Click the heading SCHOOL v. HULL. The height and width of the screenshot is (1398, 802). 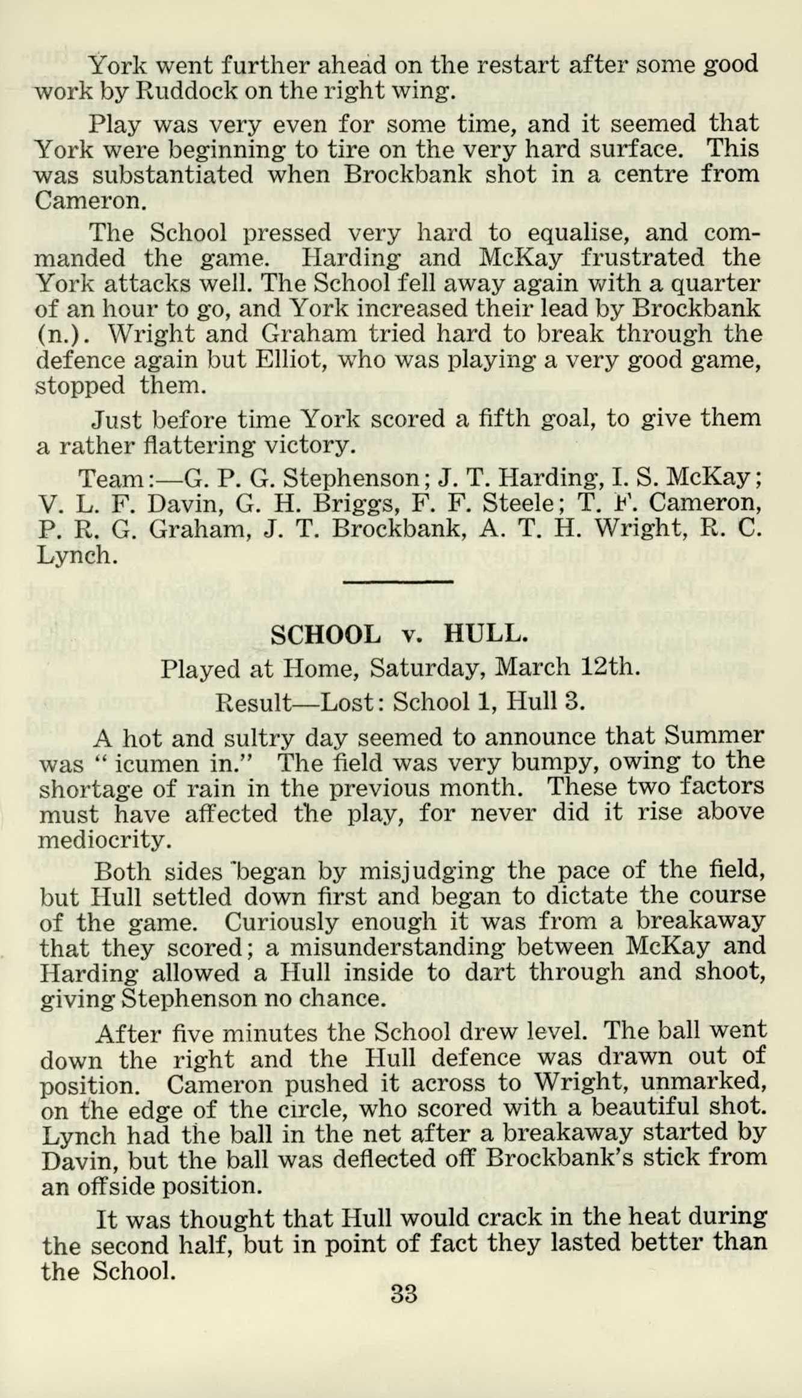[399, 634]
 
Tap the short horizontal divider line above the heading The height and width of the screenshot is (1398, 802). [398, 581]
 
